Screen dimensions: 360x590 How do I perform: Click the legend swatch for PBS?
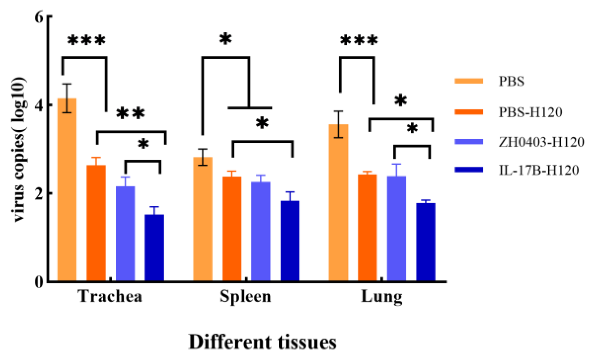coord(469,81)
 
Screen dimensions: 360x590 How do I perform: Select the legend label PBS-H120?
coord(530,112)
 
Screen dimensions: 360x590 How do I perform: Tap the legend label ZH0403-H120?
coord(541,142)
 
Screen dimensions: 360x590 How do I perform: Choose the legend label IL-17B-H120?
coord(538,170)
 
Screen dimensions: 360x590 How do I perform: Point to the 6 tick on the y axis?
coord(39,16)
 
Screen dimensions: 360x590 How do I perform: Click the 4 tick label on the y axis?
coord(39,105)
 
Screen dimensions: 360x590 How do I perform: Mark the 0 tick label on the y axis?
coord(39,282)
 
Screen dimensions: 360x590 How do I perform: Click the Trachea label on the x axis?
coord(110,296)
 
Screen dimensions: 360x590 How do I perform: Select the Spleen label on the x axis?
coord(245,296)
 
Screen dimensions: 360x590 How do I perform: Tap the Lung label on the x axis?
coord(381,297)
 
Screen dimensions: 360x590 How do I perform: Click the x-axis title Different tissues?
coord(262,342)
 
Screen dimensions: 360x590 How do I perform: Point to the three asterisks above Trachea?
coord(86,40)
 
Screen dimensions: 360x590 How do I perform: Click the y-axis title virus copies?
coord(19,150)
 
